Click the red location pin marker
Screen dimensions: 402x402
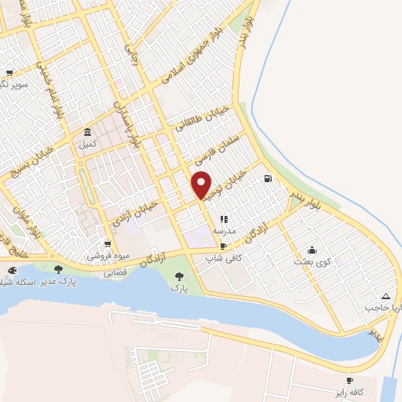pyautogui.click(x=202, y=184)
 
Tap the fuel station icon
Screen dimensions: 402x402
pyautogui.click(x=269, y=179)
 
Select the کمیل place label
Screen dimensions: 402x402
pyautogui.click(x=86, y=144)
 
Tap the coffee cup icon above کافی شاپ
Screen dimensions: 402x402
pyautogui.click(x=225, y=246)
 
